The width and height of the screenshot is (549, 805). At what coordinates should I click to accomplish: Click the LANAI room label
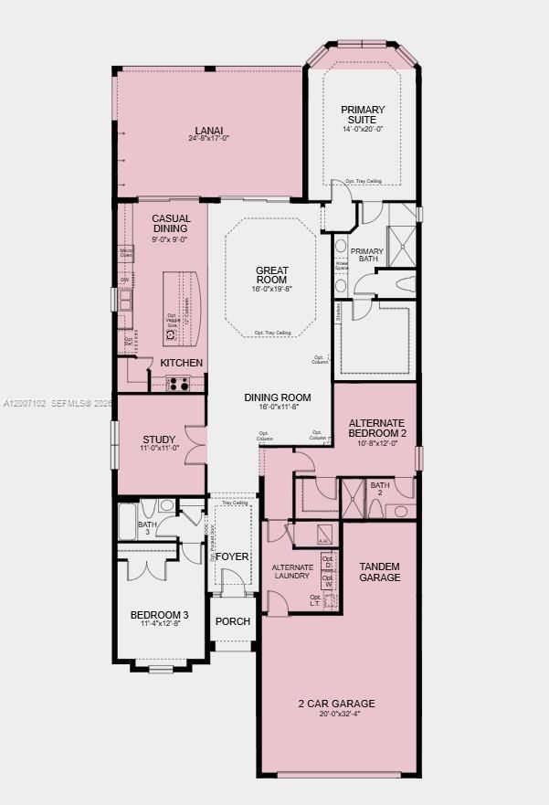pos(208,131)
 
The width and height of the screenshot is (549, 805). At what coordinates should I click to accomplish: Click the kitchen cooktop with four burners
pos(177,384)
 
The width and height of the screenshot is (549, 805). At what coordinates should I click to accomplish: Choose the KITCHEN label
pos(182,363)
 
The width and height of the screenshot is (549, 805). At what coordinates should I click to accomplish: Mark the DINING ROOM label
pos(278,397)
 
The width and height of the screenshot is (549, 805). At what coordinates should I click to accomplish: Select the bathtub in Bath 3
pos(127,521)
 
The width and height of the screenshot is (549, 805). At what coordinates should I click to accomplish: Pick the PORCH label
pos(232,621)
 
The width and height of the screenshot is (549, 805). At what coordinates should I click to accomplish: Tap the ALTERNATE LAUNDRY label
pos(292,573)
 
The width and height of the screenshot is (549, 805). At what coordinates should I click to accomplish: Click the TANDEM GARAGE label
pos(379,572)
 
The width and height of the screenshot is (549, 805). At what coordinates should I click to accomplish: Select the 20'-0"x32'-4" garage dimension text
pos(336,715)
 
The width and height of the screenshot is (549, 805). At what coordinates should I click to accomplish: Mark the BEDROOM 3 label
pos(160,614)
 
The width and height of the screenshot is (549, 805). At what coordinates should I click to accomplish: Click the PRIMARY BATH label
pos(367,256)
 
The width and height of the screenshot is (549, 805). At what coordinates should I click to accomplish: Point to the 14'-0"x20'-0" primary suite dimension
pos(363,130)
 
